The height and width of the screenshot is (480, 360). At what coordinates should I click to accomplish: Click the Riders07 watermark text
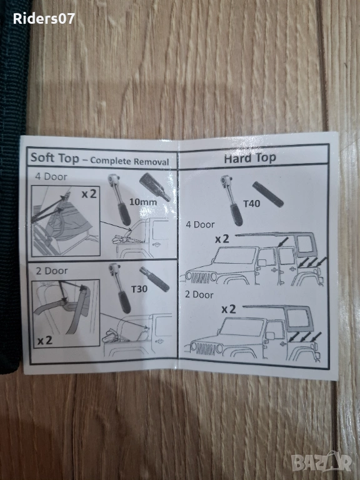click(44, 19)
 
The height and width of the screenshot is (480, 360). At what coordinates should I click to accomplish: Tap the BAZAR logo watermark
click(321, 461)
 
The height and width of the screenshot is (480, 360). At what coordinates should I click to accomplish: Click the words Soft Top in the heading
click(55, 158)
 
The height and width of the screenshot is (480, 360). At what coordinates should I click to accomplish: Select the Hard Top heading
click(250, 158)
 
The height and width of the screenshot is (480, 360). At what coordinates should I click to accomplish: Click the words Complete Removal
click(129, 161)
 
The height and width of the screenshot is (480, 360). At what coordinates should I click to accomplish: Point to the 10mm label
click(143, 202)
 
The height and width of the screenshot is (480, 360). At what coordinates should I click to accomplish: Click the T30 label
click(139, 289)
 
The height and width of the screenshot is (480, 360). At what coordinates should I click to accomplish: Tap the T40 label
click(251, 203)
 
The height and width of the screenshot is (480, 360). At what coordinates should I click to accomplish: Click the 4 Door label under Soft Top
click(51, 177)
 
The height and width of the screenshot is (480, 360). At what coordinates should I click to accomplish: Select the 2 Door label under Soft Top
click(52, 271)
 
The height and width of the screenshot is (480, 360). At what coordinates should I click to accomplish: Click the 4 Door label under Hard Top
click(200, 224)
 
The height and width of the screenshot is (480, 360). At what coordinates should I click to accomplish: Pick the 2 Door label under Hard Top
click(199, 294)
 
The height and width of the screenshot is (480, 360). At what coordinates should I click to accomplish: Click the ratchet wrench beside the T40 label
click(231, 200)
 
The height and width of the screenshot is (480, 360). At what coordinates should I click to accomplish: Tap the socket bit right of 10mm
click(155, 187)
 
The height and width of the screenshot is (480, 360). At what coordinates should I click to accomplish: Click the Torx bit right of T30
click(154, 279)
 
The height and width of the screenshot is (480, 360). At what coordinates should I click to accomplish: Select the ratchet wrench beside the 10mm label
click(119, 199)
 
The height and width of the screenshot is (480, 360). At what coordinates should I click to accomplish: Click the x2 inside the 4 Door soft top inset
click(89, 194)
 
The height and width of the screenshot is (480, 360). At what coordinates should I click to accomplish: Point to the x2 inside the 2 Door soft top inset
click(45, 340)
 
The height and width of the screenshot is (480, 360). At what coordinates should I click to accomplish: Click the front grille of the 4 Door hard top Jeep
click(199, 277)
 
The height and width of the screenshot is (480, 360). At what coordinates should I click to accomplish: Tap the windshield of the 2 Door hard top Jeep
click(241, 327)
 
